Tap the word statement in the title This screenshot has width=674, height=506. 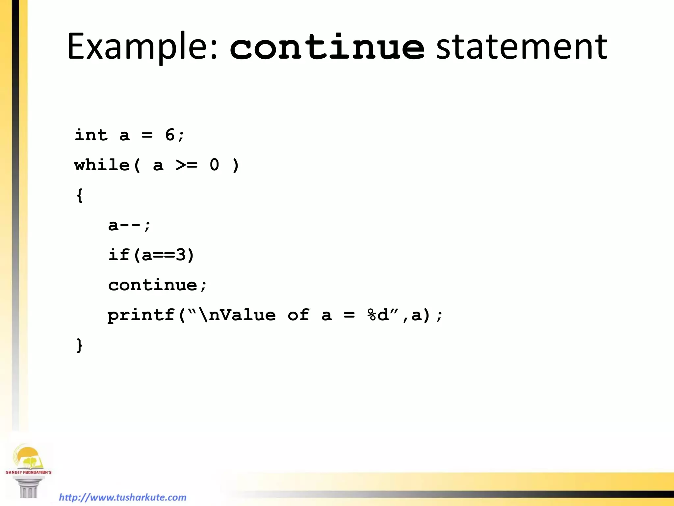coord(522,47)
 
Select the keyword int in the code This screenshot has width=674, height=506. coord(91,135)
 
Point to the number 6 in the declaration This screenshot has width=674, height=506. coord(170,135)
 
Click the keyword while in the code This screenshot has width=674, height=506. coord(102,165)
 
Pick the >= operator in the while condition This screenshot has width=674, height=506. coord(187,165)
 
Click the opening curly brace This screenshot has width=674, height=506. coord(79,195)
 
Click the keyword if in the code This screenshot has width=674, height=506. coord(119,255)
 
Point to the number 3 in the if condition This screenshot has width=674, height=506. coord(181,255)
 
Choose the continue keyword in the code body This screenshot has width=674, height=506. coord(153,285)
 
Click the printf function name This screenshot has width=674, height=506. coord(141,315)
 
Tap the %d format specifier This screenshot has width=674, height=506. coord(378,315)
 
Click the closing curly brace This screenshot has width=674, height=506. coord(79,345)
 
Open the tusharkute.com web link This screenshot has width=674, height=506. coord(123,497)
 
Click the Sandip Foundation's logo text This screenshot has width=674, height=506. coord(29,472)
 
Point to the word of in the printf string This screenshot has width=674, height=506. coord(298,315)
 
